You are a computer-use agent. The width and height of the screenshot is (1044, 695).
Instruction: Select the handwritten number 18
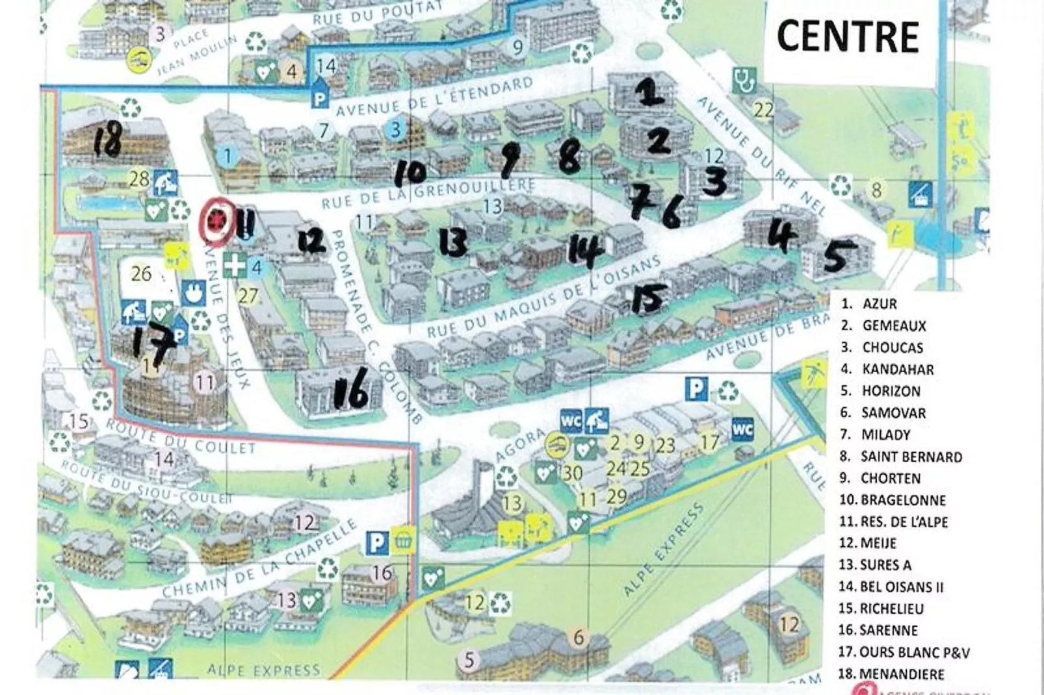click(107, 141)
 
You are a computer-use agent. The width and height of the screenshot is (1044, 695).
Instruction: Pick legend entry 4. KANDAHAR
click(887, 369)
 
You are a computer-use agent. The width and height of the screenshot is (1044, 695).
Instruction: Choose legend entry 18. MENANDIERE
click(891, 674)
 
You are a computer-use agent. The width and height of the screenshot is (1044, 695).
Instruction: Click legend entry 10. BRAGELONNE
click(892, 500)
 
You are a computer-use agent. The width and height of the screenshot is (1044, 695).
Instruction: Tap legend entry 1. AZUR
click(869, 303)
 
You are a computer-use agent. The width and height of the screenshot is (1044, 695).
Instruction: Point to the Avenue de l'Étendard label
click(434, 97)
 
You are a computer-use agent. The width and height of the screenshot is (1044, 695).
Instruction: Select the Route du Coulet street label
click(181, 438)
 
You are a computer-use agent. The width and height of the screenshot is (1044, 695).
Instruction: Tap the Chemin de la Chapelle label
click(260, 560)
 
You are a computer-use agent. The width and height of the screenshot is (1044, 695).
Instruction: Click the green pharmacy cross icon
click(235, 266)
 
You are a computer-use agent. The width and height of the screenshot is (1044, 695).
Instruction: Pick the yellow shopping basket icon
click(403, 540)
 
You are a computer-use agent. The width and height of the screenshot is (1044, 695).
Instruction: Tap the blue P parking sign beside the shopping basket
click(376, 542)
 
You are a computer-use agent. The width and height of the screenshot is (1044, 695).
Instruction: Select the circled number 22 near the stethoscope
click(763, 109)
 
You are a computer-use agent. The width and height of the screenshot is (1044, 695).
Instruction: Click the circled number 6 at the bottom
click(578, 637)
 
